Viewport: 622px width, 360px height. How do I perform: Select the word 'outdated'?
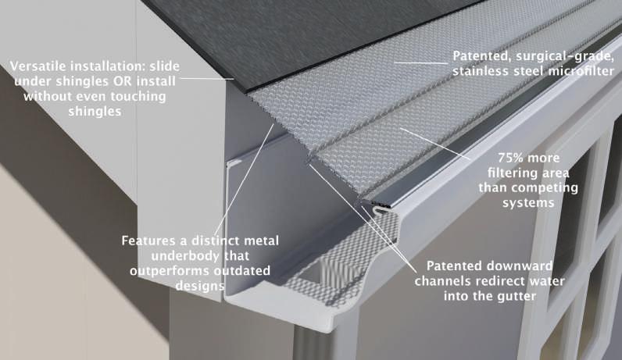(238, 270)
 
